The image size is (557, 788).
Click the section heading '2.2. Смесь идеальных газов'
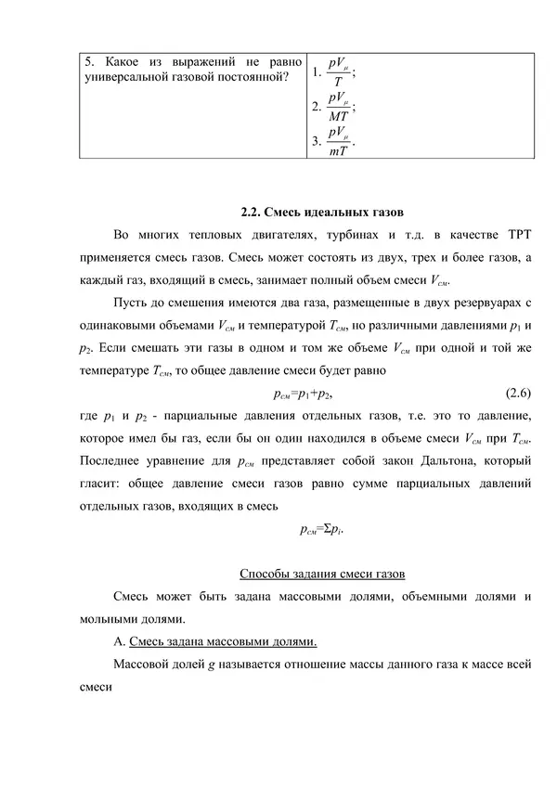point(321,212)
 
